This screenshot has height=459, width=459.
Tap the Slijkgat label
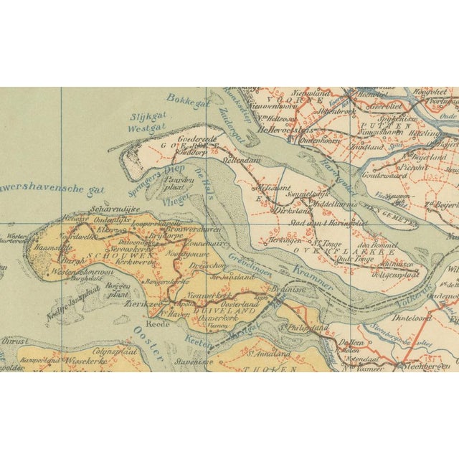(147, 117)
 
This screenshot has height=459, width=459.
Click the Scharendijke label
(109, 210)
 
